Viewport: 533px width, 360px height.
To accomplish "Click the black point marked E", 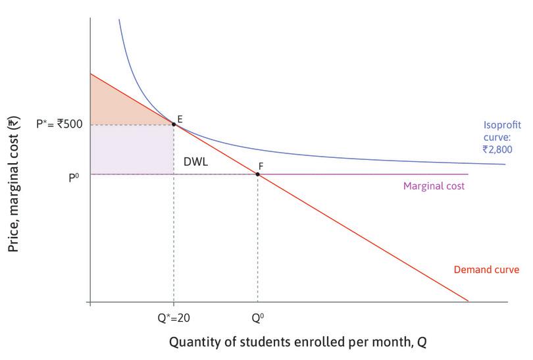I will (x=174, y=124).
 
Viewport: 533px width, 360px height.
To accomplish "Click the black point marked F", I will (x=257, y=174).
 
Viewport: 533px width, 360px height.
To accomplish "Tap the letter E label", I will (x=180, y=118).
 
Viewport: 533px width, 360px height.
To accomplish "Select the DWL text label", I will (x=195, y=160).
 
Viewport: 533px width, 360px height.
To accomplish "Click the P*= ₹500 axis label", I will (x=59, y=123).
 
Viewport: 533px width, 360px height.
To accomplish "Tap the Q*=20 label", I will (x=174, y=316).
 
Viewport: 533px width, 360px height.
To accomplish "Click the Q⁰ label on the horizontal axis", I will (x=257, y=316).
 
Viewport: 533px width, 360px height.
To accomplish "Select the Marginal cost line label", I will (x=434, y=186).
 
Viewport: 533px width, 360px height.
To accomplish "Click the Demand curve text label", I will (x=487, y=270).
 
